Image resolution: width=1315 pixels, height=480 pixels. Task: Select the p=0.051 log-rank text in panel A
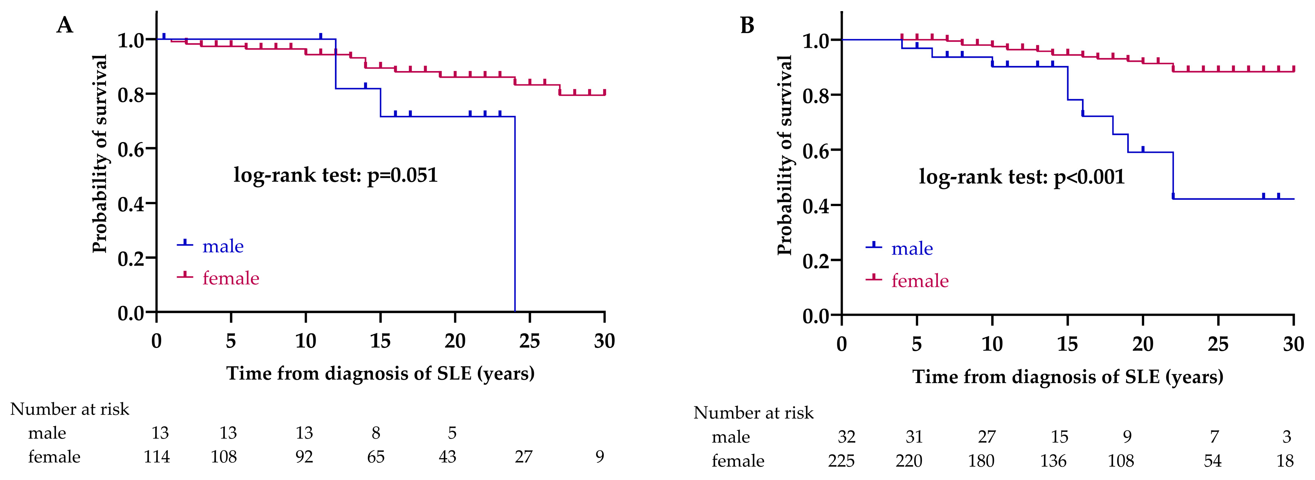(x=335, y=175)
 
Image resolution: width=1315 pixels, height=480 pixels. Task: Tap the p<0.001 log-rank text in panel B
(x=1022, y=177)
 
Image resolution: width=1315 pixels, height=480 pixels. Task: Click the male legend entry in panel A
(x=223, y=246)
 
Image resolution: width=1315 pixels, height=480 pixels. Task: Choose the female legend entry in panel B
(x=919, y=281)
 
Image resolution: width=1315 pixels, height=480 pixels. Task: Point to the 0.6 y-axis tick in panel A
(x=131, y=149)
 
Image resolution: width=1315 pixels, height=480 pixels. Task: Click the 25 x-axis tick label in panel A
(x=529, y=341)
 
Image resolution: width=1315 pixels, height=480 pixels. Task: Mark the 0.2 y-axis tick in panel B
(x=816, y=261)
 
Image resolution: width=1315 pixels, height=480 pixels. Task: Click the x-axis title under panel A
(x=380, y=373)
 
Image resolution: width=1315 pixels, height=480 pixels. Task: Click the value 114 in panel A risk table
(x=156, y=457)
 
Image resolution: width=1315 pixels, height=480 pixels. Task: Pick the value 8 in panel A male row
(x=376, y=433)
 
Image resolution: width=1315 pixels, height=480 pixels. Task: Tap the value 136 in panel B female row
(x=1053, y=461)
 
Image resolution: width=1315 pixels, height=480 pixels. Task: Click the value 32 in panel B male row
(x=846, y=437)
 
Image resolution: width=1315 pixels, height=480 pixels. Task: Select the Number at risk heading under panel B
(x=753, y=413)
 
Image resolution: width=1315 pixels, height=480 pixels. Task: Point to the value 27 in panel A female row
(x=524, y=457)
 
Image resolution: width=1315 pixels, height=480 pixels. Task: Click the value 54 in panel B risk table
(x=1212, y=461)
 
